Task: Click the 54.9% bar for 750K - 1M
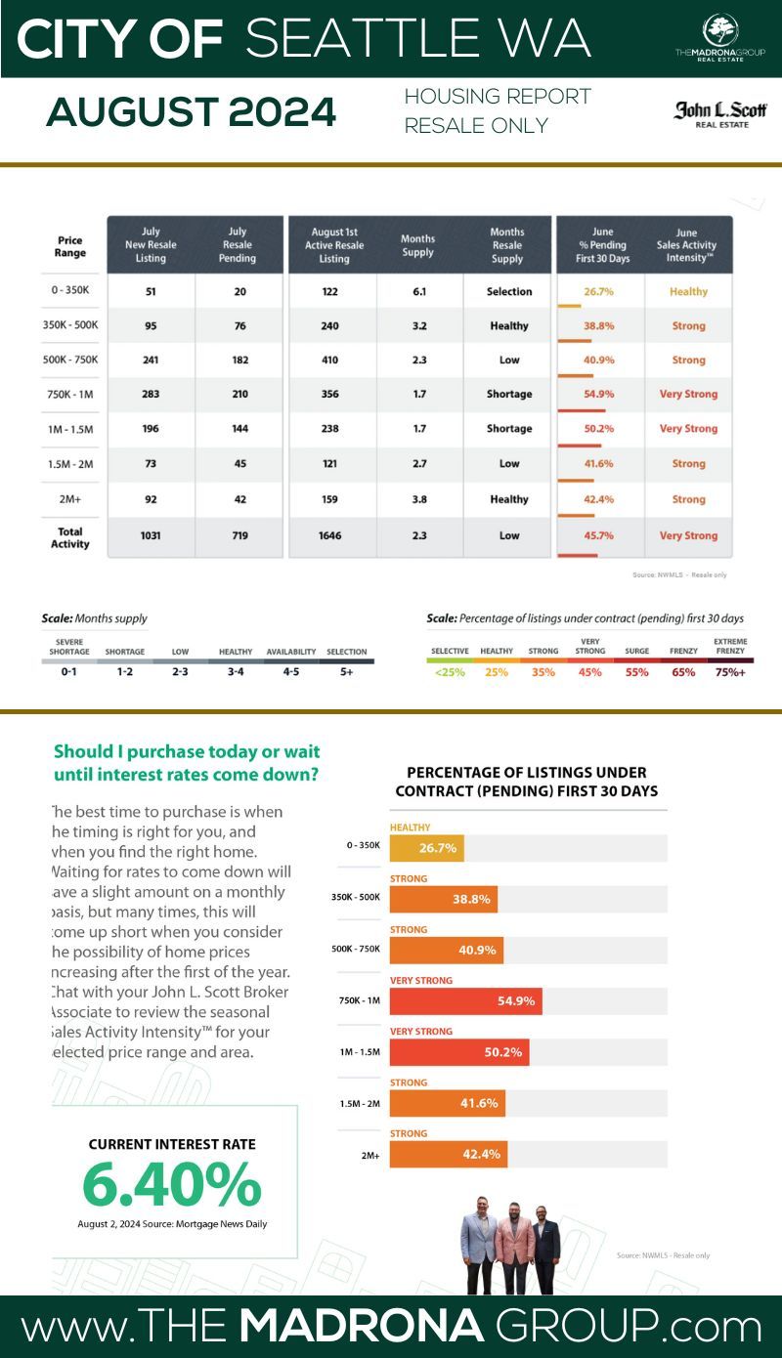point(466,1001)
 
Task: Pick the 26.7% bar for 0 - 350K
point(427,848)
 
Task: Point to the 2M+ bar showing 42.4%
point(449,1154)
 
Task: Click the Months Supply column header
point(417,245)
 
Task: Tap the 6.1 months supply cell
point(417,291)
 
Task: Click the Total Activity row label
point(70,538)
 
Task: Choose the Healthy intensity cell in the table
point(688,291)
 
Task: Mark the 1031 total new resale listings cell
point(151,535)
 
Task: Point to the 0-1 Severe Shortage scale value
point(68,672)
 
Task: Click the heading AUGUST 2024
point(191,114)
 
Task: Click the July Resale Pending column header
point(238,245)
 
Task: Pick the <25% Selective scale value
point(451,672)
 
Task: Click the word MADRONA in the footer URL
point(363,1327)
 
